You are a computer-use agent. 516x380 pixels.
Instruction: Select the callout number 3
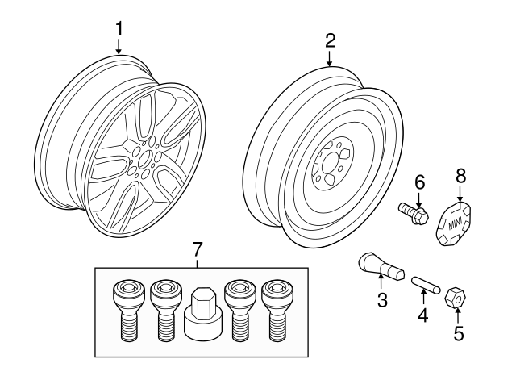point(382,301)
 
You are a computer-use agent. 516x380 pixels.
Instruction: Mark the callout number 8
point(460,175)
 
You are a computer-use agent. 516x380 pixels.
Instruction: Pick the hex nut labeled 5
point(456,296)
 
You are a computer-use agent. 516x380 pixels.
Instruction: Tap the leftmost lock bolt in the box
point(127,310)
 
